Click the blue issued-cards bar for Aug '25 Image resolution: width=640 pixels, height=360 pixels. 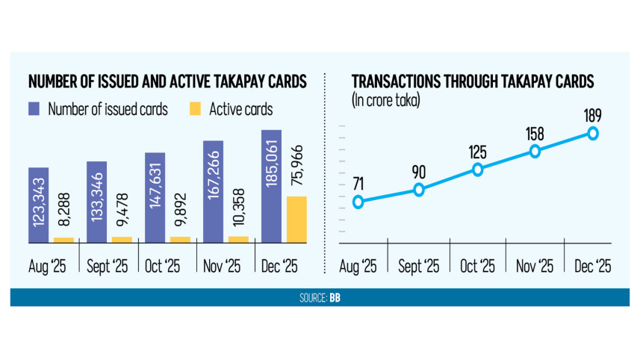point(39,205)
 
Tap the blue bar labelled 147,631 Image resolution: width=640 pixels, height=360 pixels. point(155,197)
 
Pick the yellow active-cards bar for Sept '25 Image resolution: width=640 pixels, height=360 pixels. point(122,239)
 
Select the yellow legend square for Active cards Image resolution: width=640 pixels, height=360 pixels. point(195,109)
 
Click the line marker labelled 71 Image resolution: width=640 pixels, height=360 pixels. point(359,202)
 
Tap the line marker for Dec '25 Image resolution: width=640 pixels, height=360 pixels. point(593,133)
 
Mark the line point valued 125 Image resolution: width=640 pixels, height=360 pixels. point(477,170)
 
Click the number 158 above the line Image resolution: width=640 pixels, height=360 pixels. point(535,134)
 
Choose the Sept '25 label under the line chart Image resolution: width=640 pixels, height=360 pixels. point(417,267)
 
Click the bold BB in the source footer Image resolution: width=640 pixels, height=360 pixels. point(335,298)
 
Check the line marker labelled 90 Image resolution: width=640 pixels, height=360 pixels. point(418,190)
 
